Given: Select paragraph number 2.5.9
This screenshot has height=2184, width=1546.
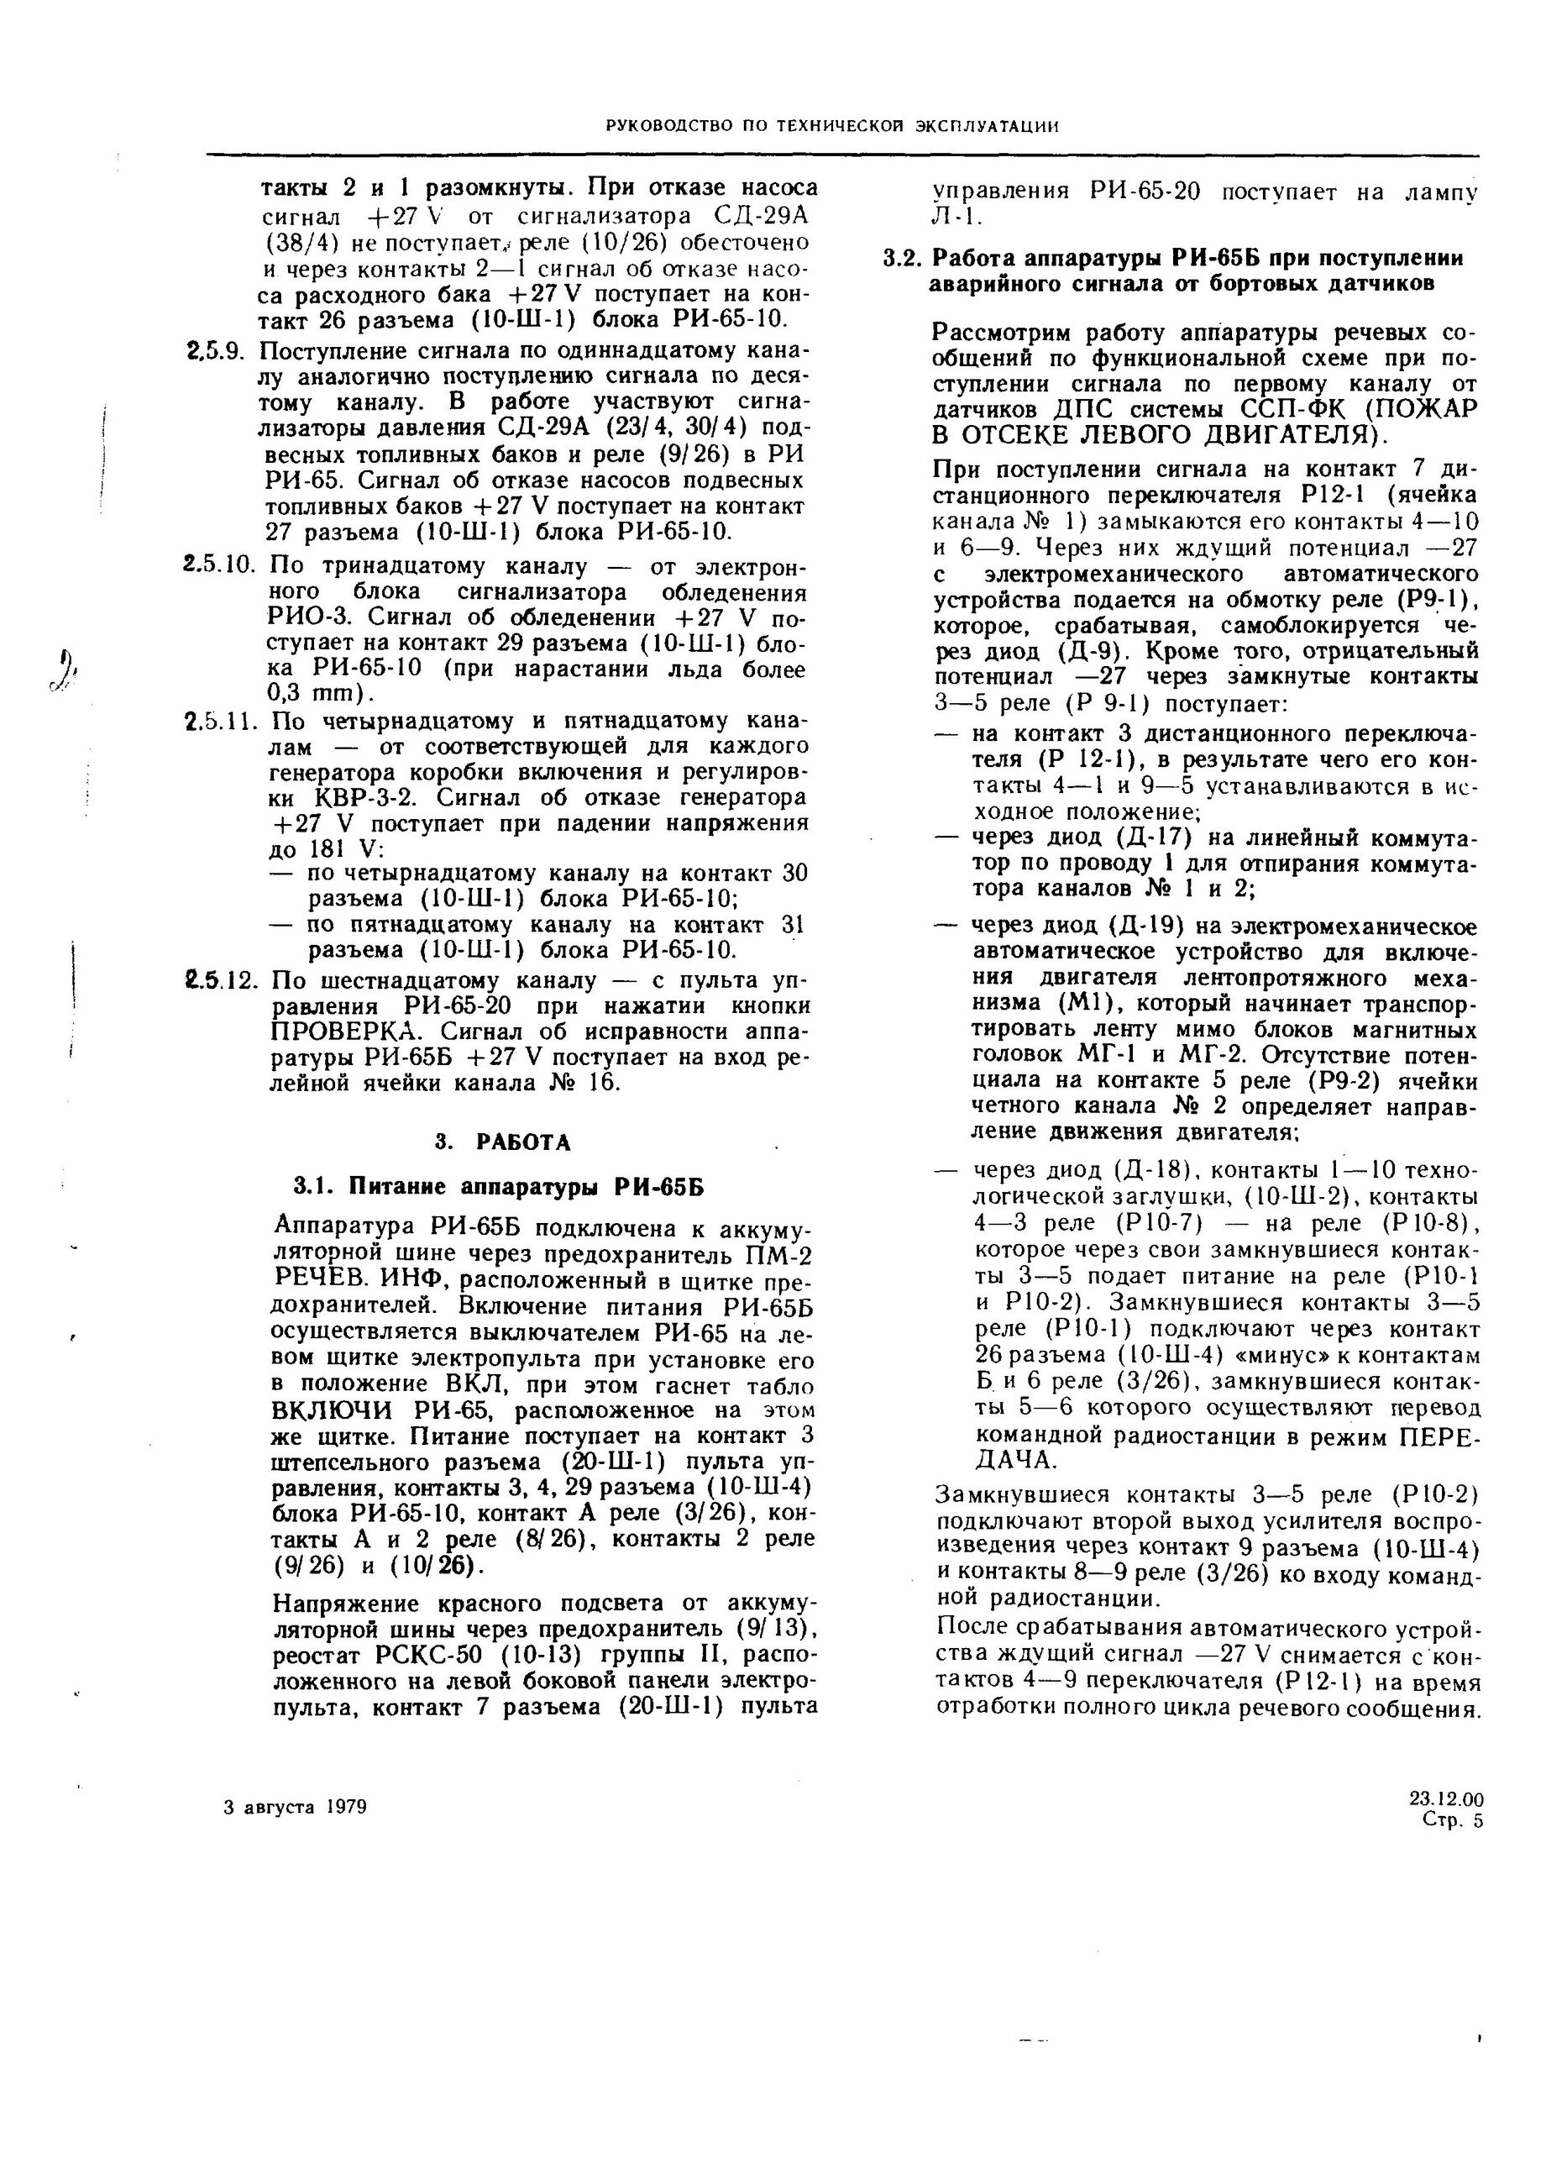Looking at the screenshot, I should point(216,352).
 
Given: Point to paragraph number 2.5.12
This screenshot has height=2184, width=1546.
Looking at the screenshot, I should point(221,980).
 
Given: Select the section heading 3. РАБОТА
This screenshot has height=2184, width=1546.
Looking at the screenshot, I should point(503,1142).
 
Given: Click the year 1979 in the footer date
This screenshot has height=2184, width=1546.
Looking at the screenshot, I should point(343,1808).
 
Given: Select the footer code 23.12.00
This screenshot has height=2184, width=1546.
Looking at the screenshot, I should point(1445,1799).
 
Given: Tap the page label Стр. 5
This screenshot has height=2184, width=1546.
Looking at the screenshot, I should point(1452,1821).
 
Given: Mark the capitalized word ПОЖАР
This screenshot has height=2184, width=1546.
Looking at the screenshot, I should point(1424,410).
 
